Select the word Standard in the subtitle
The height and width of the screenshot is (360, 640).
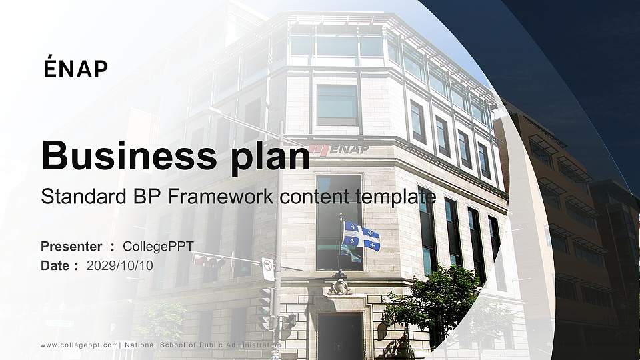[x=75, y=197]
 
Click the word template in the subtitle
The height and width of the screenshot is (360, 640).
[x=397, y=197]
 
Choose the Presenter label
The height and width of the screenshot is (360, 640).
[x=71, y=247]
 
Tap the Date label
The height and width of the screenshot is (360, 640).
[x=55, y=265]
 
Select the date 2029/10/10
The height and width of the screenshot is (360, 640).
[x=120, y=265]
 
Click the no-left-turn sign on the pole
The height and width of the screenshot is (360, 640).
[x=267, y=269]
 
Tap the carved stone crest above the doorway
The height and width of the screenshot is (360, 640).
[x=340, y=287]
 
